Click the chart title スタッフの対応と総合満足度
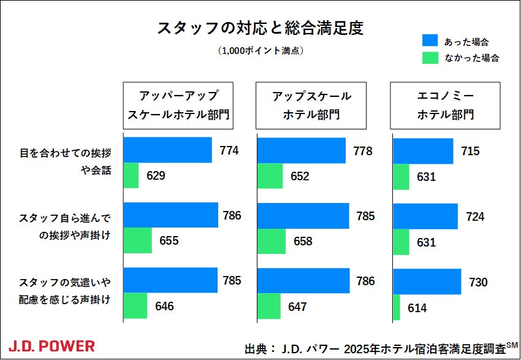pyautogui.click(x=260, y=28)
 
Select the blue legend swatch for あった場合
pyautogui.click(x=430, y=40)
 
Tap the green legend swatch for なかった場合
pyautogui.click(x=430, y=58)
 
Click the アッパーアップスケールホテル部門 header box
pyautogui.click(x=178, y=105)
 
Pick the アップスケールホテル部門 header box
pyautogui.click(x=312, y=105)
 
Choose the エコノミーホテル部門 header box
pyautogui.click(x=446, y=105)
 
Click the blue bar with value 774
pyautogui.click(x=168, y=150)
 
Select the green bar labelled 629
pyautogui.click(x=131, y=176)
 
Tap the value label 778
pyautogui.click(x=363, y=151)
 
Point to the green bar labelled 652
pyautogui.click(x=270, y=176)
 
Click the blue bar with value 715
pyautogui.click(x=423, y=151)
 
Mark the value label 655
pyautogui.click(x=169, y=241)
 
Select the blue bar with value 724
pyautogui.click(x=425, y=216)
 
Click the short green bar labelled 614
pyautogui.click(x=397, y=307)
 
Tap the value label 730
pyautogui.click(x=478, y=283)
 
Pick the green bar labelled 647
pyautogui.click(x=269, y=306)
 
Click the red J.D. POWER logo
pyautogui.click(x=51, y=346)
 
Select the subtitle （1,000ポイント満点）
pyautogui.click(x=260, y=52)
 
